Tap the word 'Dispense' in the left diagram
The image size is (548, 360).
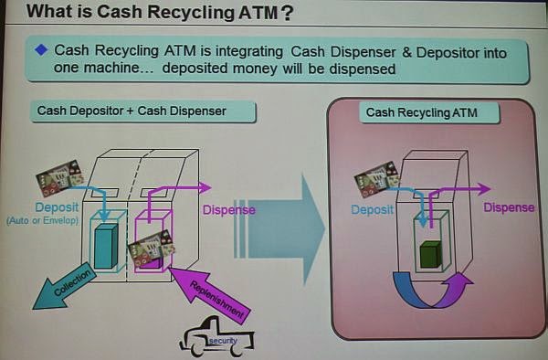(x=228, y=210)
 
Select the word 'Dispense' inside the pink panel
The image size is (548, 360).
(x=509, y=207)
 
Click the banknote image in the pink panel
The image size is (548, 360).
(x=375, y=177)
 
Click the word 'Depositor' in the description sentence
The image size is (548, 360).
(x=439, y=52)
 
